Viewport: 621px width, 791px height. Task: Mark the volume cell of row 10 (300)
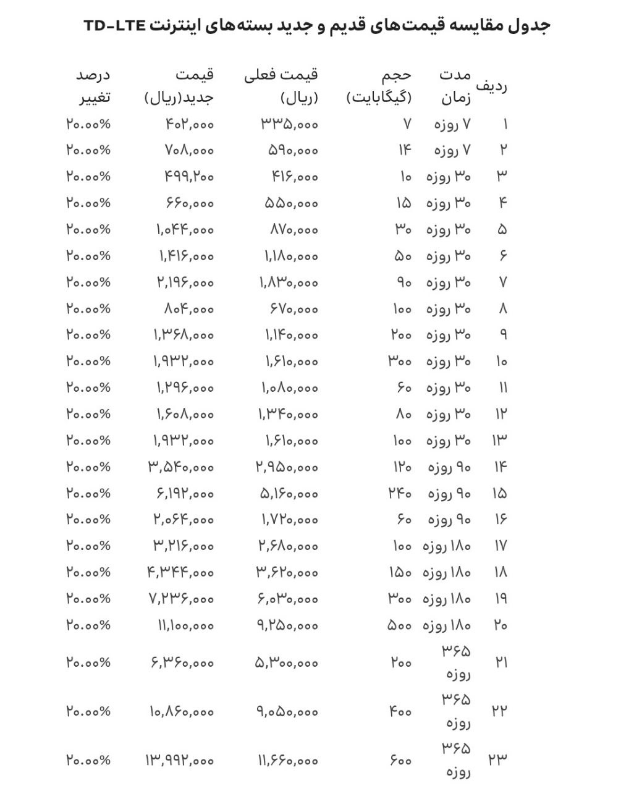pyautogui.click(x=400, y=361)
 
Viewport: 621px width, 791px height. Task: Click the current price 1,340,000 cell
pyautogui.click(x=288, y=414)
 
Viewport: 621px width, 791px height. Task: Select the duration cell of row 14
pyautogui.click(x=449, y=467)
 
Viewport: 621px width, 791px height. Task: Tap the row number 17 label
pyautogui.click(x=501, y=546)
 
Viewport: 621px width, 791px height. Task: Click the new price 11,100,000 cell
pyautogui.click(x=185, y=625)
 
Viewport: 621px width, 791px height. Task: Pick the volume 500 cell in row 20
pyautogui.click(x=399, y=625)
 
